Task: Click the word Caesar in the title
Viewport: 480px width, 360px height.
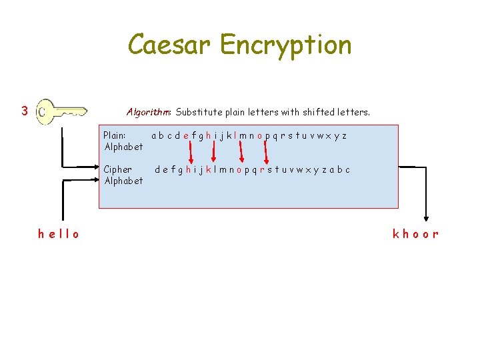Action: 169,45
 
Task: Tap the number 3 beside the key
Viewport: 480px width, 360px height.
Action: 24,111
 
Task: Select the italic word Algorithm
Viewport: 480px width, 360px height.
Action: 149,112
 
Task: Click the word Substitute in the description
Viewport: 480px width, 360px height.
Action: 199,112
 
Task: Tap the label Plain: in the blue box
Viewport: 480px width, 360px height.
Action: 115,135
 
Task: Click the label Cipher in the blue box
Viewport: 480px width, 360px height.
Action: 118,169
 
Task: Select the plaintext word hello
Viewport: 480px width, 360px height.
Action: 59,234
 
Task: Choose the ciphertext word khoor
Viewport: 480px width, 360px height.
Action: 415,234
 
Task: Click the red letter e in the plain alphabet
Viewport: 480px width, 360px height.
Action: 186,136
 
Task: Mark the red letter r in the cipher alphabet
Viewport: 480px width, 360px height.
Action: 262,170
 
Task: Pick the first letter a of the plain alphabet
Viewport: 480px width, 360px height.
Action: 154,136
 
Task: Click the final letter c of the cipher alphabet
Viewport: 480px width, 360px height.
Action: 347,170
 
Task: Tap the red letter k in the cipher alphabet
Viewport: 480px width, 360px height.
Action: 207,170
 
